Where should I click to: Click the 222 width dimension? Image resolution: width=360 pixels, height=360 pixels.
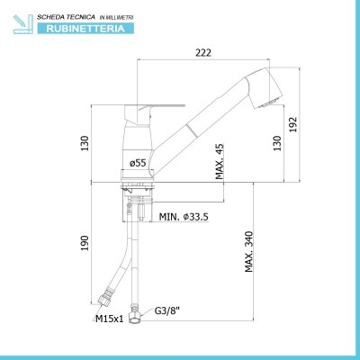[203, 52]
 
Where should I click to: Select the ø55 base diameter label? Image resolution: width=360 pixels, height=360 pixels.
[138, 163]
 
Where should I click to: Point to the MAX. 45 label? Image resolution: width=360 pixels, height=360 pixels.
[220, 161]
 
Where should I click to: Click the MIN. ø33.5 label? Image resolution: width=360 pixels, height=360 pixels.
[184, 217]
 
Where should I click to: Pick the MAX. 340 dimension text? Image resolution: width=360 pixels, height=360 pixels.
[249, 251]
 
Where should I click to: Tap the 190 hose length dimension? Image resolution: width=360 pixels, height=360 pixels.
[85, 243]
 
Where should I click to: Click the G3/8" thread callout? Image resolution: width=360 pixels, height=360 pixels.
[167, 310]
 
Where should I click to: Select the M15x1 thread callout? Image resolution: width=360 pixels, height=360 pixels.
[110, 319]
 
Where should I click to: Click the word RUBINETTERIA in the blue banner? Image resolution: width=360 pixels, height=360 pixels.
[85, 29]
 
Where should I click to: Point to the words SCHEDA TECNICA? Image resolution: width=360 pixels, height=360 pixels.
[66, 17]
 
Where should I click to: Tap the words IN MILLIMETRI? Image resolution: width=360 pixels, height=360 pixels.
[116, 18]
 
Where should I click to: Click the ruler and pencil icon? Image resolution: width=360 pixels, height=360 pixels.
[23, 24]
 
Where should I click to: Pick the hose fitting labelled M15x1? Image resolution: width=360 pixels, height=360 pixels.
[106, 295]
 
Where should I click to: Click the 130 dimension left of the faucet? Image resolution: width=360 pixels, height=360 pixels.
[85, 143]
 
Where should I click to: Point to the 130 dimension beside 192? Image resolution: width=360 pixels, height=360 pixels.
[277, 143]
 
